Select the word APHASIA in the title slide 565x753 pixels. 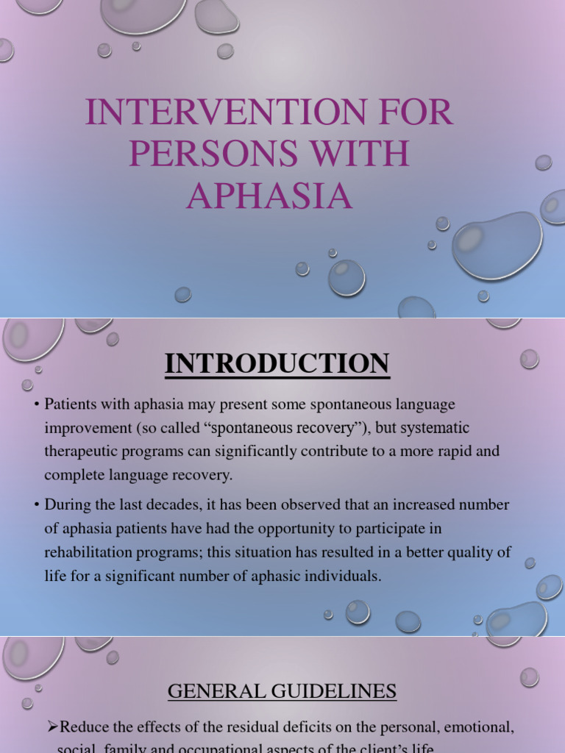click(269, 196)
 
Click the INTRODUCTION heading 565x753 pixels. click(277, 364)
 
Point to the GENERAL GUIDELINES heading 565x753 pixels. click(282, 691)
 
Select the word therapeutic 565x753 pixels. click(83, 452)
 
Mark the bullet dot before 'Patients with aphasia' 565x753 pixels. click(36, 405)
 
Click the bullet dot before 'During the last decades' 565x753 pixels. click(36, 506)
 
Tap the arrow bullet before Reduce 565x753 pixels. click(52, 727)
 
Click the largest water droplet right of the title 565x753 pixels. click(497, 246)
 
